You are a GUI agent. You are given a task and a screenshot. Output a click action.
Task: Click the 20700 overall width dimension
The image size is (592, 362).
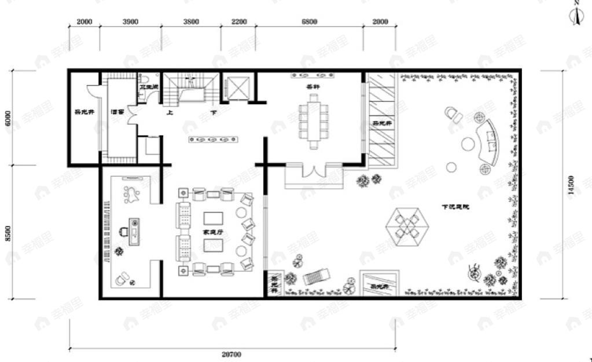click(x=231, y=354)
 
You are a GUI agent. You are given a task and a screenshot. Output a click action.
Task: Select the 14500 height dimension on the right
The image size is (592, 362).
click(x=572, y=187)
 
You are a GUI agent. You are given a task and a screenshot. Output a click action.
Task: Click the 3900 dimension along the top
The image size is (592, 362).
click(x=131, y=22)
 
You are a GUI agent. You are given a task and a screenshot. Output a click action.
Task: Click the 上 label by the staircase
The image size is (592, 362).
click(x=170, y=114)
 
